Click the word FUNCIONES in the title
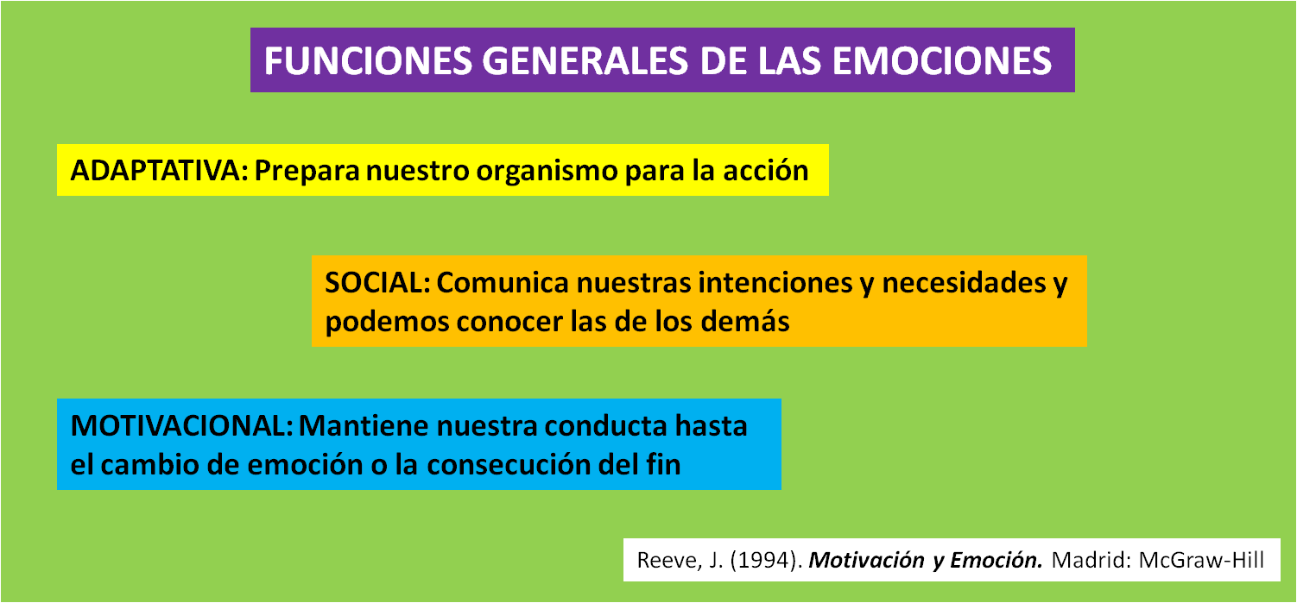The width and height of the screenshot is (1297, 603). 368,60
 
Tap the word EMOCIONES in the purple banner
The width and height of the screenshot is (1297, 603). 941,60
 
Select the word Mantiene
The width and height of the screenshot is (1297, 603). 363,426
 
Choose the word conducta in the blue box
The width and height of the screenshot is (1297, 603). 605,426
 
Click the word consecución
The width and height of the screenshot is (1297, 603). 509,465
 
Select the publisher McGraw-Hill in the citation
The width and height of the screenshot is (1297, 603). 1201,560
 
